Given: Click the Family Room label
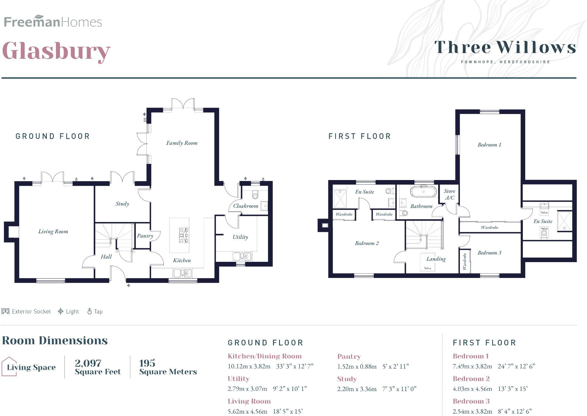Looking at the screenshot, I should pyautogui.click(x=182, y=143).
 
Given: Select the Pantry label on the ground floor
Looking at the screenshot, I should pyautogui.click(x=145, y=236).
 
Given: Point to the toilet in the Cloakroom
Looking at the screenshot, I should pyautogui.click(x=255, y=194).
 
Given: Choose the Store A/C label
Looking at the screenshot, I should pyautogui.click(x=449, y=194).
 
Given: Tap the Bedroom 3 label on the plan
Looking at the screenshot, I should pyautogui.click(x=489, y=253).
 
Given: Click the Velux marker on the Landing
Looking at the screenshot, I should pyautogui.click(x=428, y=268).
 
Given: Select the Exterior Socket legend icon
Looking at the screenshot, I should pyautogui.click(x=5, y=311).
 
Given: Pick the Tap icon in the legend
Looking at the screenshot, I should pyautogui.click(x=89, y=311).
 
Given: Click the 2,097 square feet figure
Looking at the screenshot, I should pyautogui.click(x=88, y=363).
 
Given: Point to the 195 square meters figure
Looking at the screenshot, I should pyautogui.click(x=147, y=363).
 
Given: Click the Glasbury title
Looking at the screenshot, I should pyautogui.click(x=56, y=51).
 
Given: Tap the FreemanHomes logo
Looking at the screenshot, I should pyautogui.click(x=53, y=22).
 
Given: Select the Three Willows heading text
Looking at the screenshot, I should pyautogui.click(x=505, y=47).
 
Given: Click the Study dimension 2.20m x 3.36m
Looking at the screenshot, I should pyautogui.click(x=357, y=389).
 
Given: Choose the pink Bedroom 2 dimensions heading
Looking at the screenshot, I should pyautogui.click(x=471, y=379).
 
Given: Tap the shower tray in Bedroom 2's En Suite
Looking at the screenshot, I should pyautogui.click(x=340, y=199).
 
